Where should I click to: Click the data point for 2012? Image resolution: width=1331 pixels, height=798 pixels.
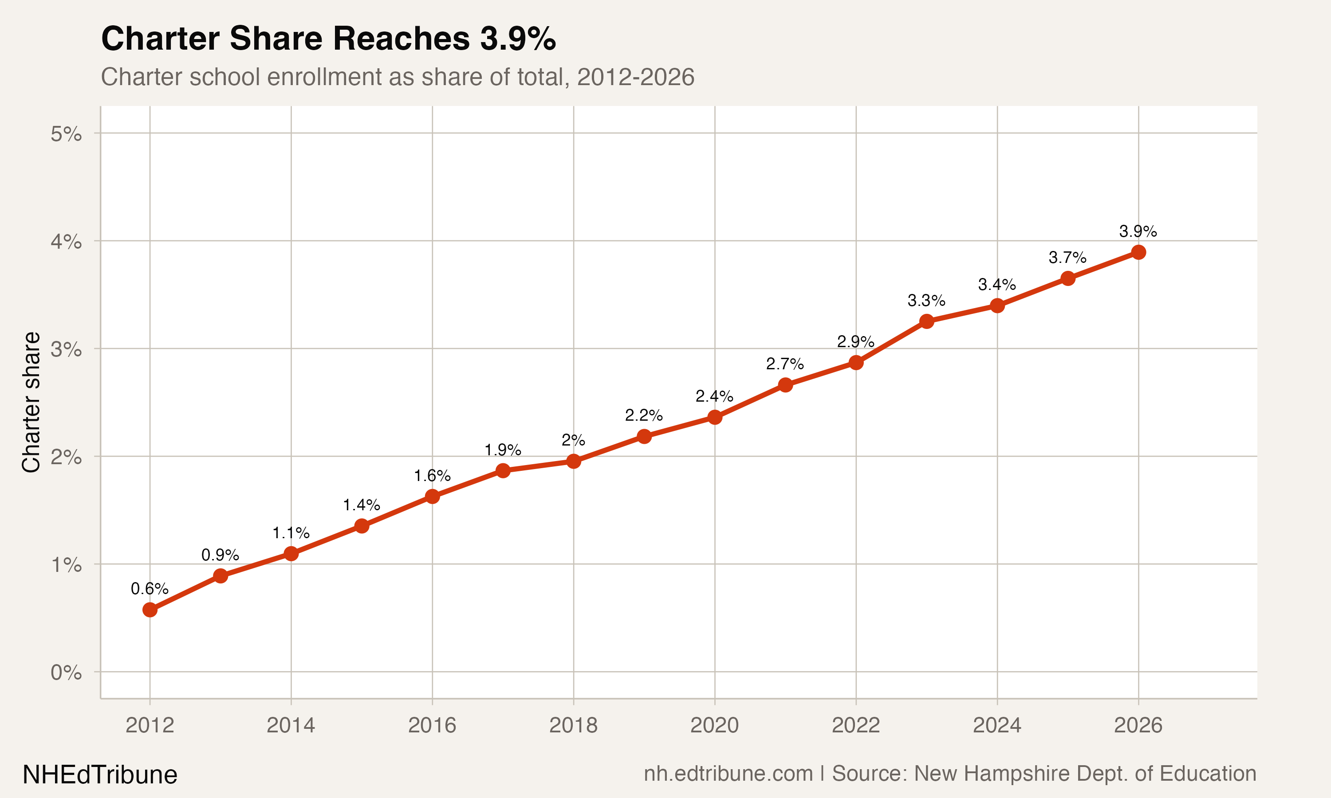tap(150, 610)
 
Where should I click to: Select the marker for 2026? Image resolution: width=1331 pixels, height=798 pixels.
tap(1138, 252)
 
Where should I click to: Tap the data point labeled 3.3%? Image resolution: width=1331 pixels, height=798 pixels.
tap(926, 321)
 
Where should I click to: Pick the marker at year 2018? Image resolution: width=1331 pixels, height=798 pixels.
tap(574, 462)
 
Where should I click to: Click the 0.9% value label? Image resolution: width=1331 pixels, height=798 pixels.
tap(220, 555)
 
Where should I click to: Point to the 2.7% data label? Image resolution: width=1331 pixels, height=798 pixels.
tap(785, 364)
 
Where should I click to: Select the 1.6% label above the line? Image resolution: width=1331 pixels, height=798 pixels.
tap(432, 476)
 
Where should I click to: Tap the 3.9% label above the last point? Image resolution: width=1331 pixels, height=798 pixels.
tap(1138, 232)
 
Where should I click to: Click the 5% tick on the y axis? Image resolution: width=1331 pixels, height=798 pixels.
tap(66, 134)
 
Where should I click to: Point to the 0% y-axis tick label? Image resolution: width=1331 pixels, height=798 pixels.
tap(66, 673)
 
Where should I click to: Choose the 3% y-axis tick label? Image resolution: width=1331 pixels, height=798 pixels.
tap(66, 349)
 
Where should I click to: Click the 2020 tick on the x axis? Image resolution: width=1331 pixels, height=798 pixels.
tap(714, 725)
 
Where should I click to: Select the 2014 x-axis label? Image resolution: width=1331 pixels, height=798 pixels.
tap(291, 725)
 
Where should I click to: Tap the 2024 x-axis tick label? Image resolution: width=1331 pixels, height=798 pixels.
tap(997, 725)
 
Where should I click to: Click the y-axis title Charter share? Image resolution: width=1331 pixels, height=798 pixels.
tap(31, 402)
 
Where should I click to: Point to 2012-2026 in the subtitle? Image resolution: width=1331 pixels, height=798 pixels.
tap(635, 77)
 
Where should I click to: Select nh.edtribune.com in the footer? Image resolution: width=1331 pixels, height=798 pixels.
tap(728, 774)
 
